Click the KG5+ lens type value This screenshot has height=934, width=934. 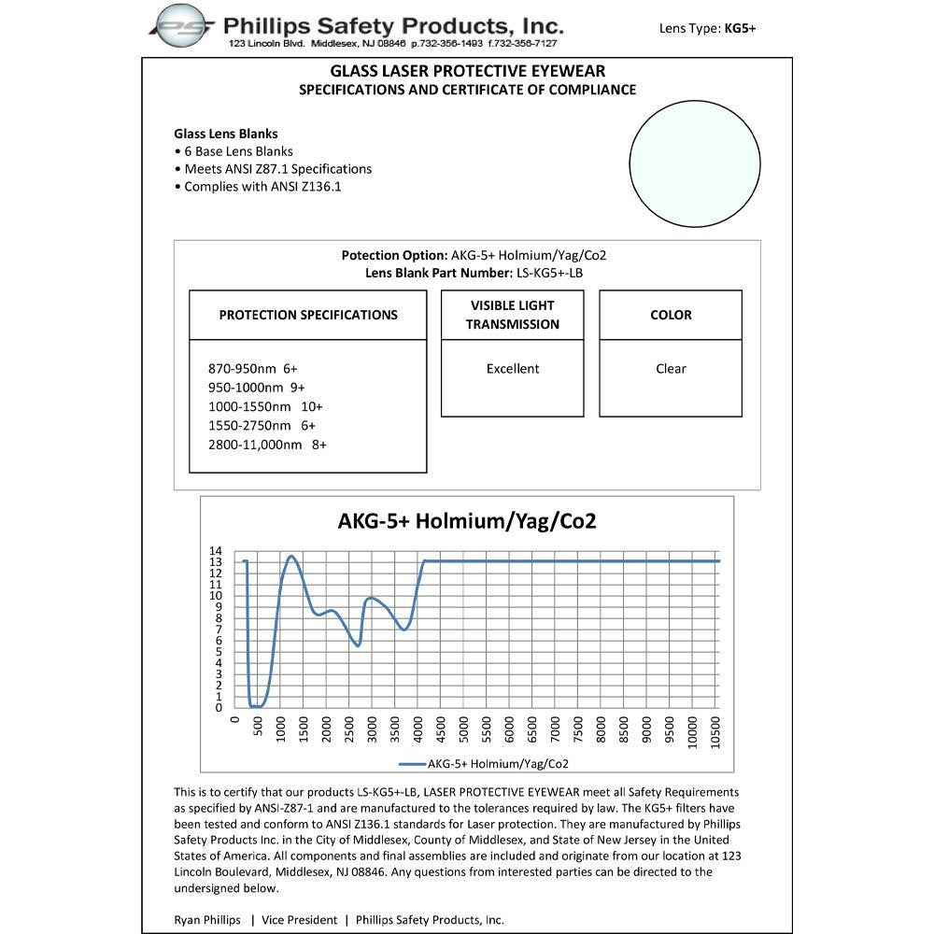coord(740,28)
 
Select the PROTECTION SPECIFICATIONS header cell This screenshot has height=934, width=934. coord(308,315)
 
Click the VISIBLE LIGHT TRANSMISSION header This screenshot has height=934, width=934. coord(513,315)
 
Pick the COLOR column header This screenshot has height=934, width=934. coord(671,315)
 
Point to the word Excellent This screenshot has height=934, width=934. coord(513,369)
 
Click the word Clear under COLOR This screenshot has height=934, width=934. coord(671,369)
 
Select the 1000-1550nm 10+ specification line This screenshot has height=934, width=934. coord(265,407)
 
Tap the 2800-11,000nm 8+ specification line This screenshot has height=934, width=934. coord(267,446)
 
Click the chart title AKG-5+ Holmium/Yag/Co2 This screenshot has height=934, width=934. coord(467,521)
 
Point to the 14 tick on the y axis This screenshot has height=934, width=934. coord(216,551)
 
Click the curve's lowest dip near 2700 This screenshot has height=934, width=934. coord(358,645)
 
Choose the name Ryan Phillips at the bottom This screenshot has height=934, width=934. coord(207,919)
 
